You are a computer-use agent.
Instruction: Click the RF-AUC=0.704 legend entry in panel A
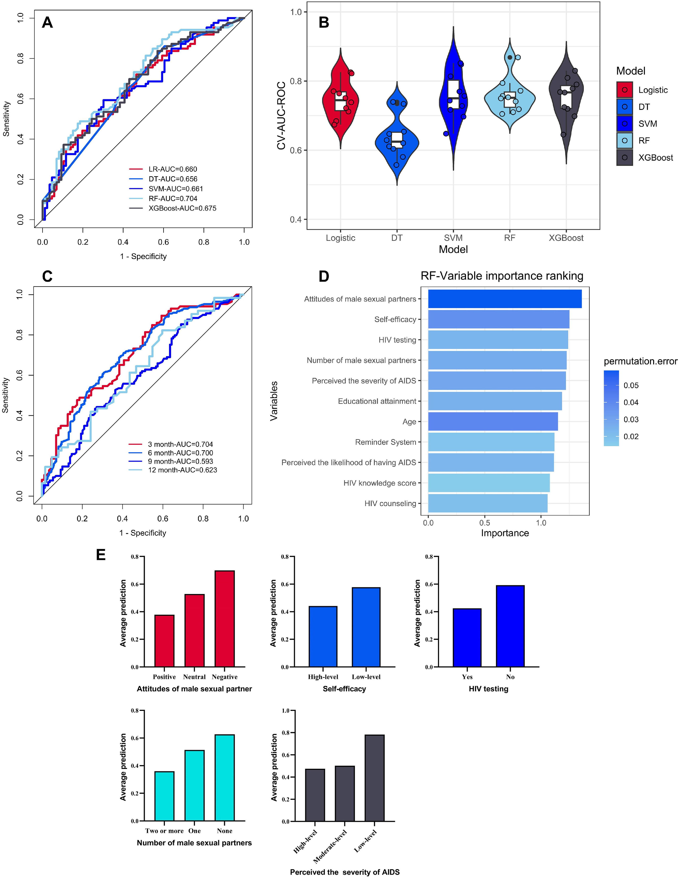[x=172, y=198]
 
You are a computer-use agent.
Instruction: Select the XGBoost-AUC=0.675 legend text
[x=182, y=208]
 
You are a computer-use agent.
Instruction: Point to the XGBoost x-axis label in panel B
[x=566, y=238]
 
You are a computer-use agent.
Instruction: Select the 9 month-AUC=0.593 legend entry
[x=180, y=461]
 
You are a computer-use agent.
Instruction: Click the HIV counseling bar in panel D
[x=488, y=503]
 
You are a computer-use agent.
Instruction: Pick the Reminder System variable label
[x=385, y=442]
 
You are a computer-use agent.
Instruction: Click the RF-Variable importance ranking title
[x=502, y=276]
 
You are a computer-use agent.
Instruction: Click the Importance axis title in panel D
[x=505, y=533]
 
